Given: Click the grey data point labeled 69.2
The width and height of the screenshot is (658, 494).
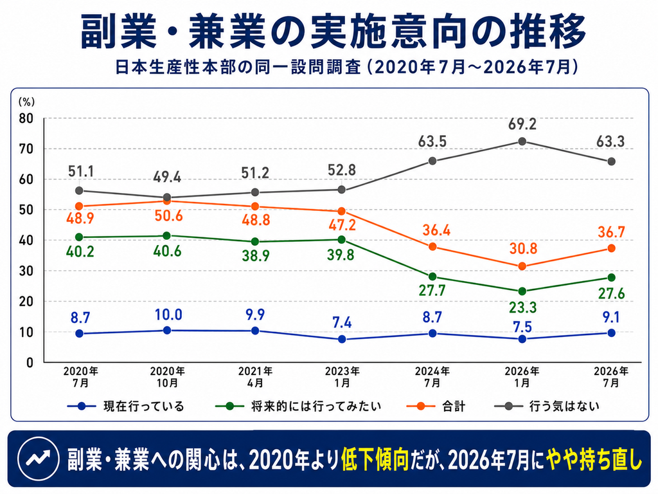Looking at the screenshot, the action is pyautogui.click(x=522, y=142).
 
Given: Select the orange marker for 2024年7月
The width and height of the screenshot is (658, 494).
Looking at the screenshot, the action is pyautogui.click(x=432, y=246).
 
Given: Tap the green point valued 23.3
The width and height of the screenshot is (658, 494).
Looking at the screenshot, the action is pyautogui.click(x=522, y=291).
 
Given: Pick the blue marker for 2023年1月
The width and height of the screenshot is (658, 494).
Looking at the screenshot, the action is pyautogui.click(x=342, y=339).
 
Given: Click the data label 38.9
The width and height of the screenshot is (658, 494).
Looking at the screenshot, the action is pyautogui.click(x=256, y=255).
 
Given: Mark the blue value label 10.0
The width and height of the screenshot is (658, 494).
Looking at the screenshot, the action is pyautogui.click(x=168, y=315).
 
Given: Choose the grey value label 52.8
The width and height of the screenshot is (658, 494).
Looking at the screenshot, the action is pyautogui.click(x=342, y=170).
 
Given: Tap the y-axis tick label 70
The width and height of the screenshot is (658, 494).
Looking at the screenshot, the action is pyautogui.click(x=26, y=149).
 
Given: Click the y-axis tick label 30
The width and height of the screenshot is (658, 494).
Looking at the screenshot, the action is pyautogui.click(x=26, y=271).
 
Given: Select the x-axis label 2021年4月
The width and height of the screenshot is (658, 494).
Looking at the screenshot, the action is pyautogui.click(x=255, y=377).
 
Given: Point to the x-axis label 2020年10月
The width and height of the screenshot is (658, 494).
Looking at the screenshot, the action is pyautogui.click(x=168, y=377).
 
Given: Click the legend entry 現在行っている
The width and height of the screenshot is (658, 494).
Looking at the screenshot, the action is pyautogui.click(x=126, y=407).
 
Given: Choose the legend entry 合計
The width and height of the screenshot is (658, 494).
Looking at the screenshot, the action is pyautogui.click(x=436, y=407).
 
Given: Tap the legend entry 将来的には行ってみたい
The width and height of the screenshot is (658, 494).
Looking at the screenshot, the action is pyautogui.click(x=298, y=407).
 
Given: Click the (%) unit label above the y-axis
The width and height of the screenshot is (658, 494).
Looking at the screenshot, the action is pyautogui.click(x=26, y=102).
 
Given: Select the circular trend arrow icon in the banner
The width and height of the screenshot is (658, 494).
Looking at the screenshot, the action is pyautogui.click(x=38, y=459).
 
